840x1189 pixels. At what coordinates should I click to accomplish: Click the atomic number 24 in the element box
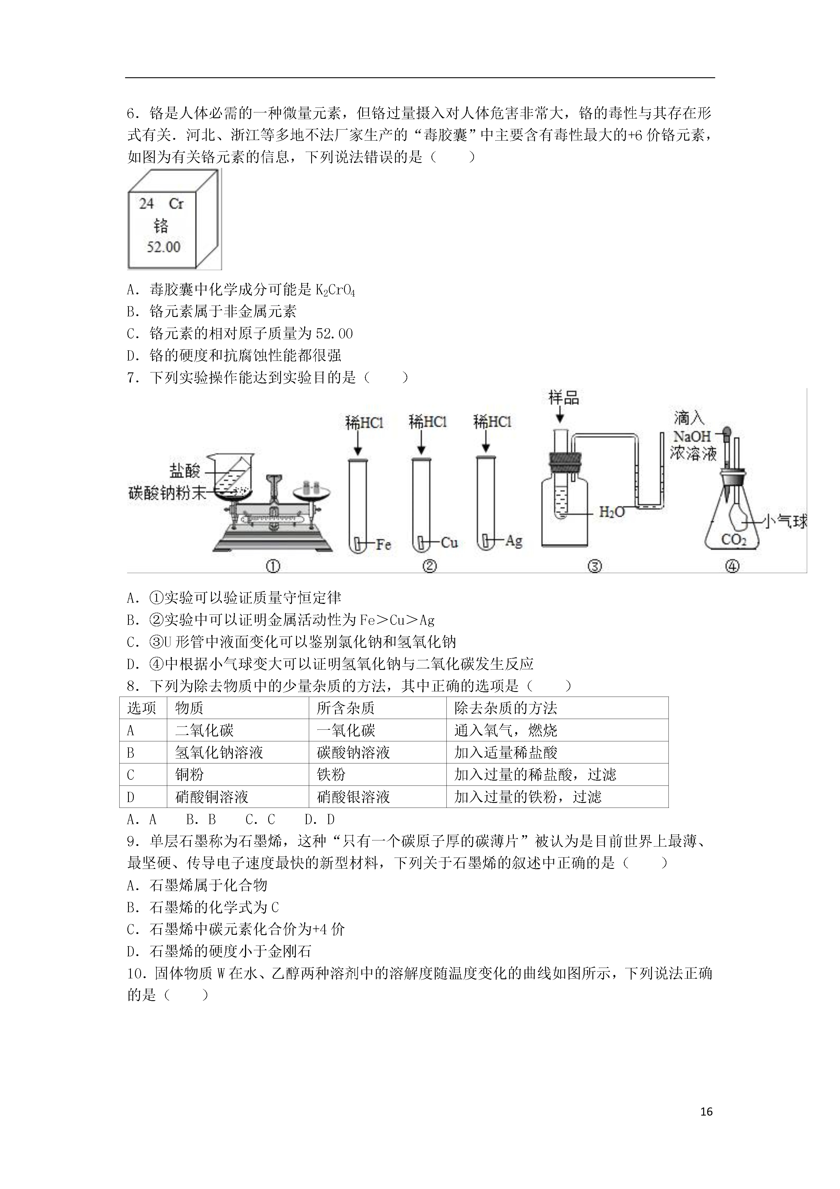147,204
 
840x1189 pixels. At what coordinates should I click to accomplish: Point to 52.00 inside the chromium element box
163,247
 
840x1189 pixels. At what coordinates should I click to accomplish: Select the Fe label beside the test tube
383,544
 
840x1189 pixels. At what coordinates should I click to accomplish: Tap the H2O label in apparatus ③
612,512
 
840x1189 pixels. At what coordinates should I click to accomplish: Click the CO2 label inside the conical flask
733,540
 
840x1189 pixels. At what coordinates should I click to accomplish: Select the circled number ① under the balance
273,566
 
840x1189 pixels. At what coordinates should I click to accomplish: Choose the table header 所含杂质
345,708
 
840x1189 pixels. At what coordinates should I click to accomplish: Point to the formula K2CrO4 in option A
335,290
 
